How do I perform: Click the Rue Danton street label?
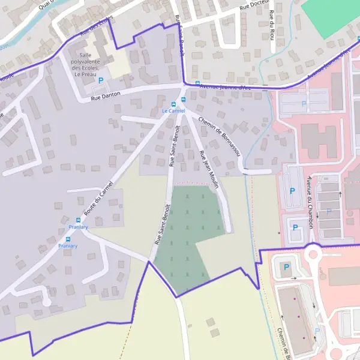106,94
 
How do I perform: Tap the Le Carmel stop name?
173,111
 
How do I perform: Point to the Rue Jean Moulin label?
209,170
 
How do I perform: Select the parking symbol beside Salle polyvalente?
101,80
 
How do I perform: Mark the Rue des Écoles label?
96,25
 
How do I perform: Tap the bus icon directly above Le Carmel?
183,100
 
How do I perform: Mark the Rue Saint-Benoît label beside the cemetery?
163,224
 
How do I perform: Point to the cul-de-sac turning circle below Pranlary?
46,302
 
